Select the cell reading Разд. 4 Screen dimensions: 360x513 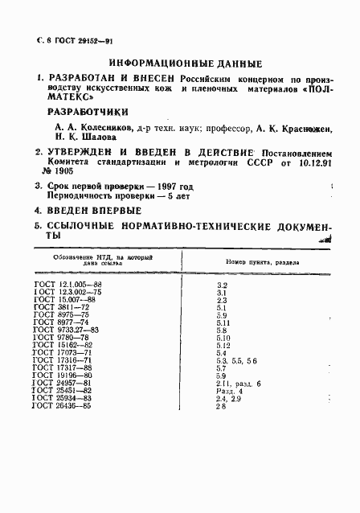click(232, 390)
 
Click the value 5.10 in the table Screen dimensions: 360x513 click(225, 338)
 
